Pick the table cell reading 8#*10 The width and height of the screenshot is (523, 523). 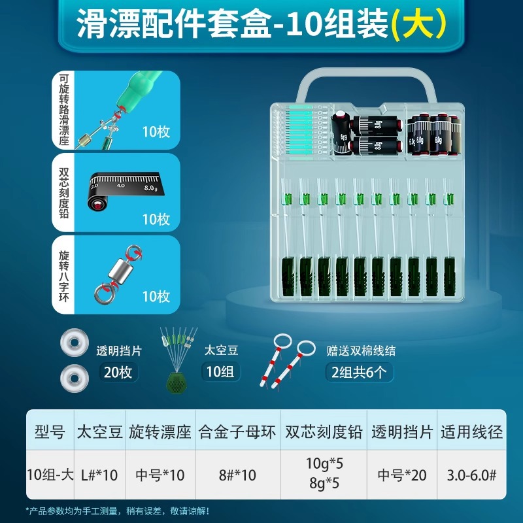pyautogui.click(x=238, y=475)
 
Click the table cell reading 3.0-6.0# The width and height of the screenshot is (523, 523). pyautogui.click(x=469, y=475)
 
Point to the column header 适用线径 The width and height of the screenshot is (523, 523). pyautogui.click(x=471, y=431)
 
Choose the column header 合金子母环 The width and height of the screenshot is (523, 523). pyautogui.click(x=238, y=431)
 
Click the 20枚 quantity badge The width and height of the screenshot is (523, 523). pyautogui.click(x=118, y=373)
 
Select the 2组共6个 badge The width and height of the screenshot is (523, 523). pyautogui.click(x=359, y=373)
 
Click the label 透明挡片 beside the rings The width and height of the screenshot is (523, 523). pyautogui.click(x=118, y=351)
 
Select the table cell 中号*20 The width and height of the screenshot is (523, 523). pyautogui.click(x=401, y=475)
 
